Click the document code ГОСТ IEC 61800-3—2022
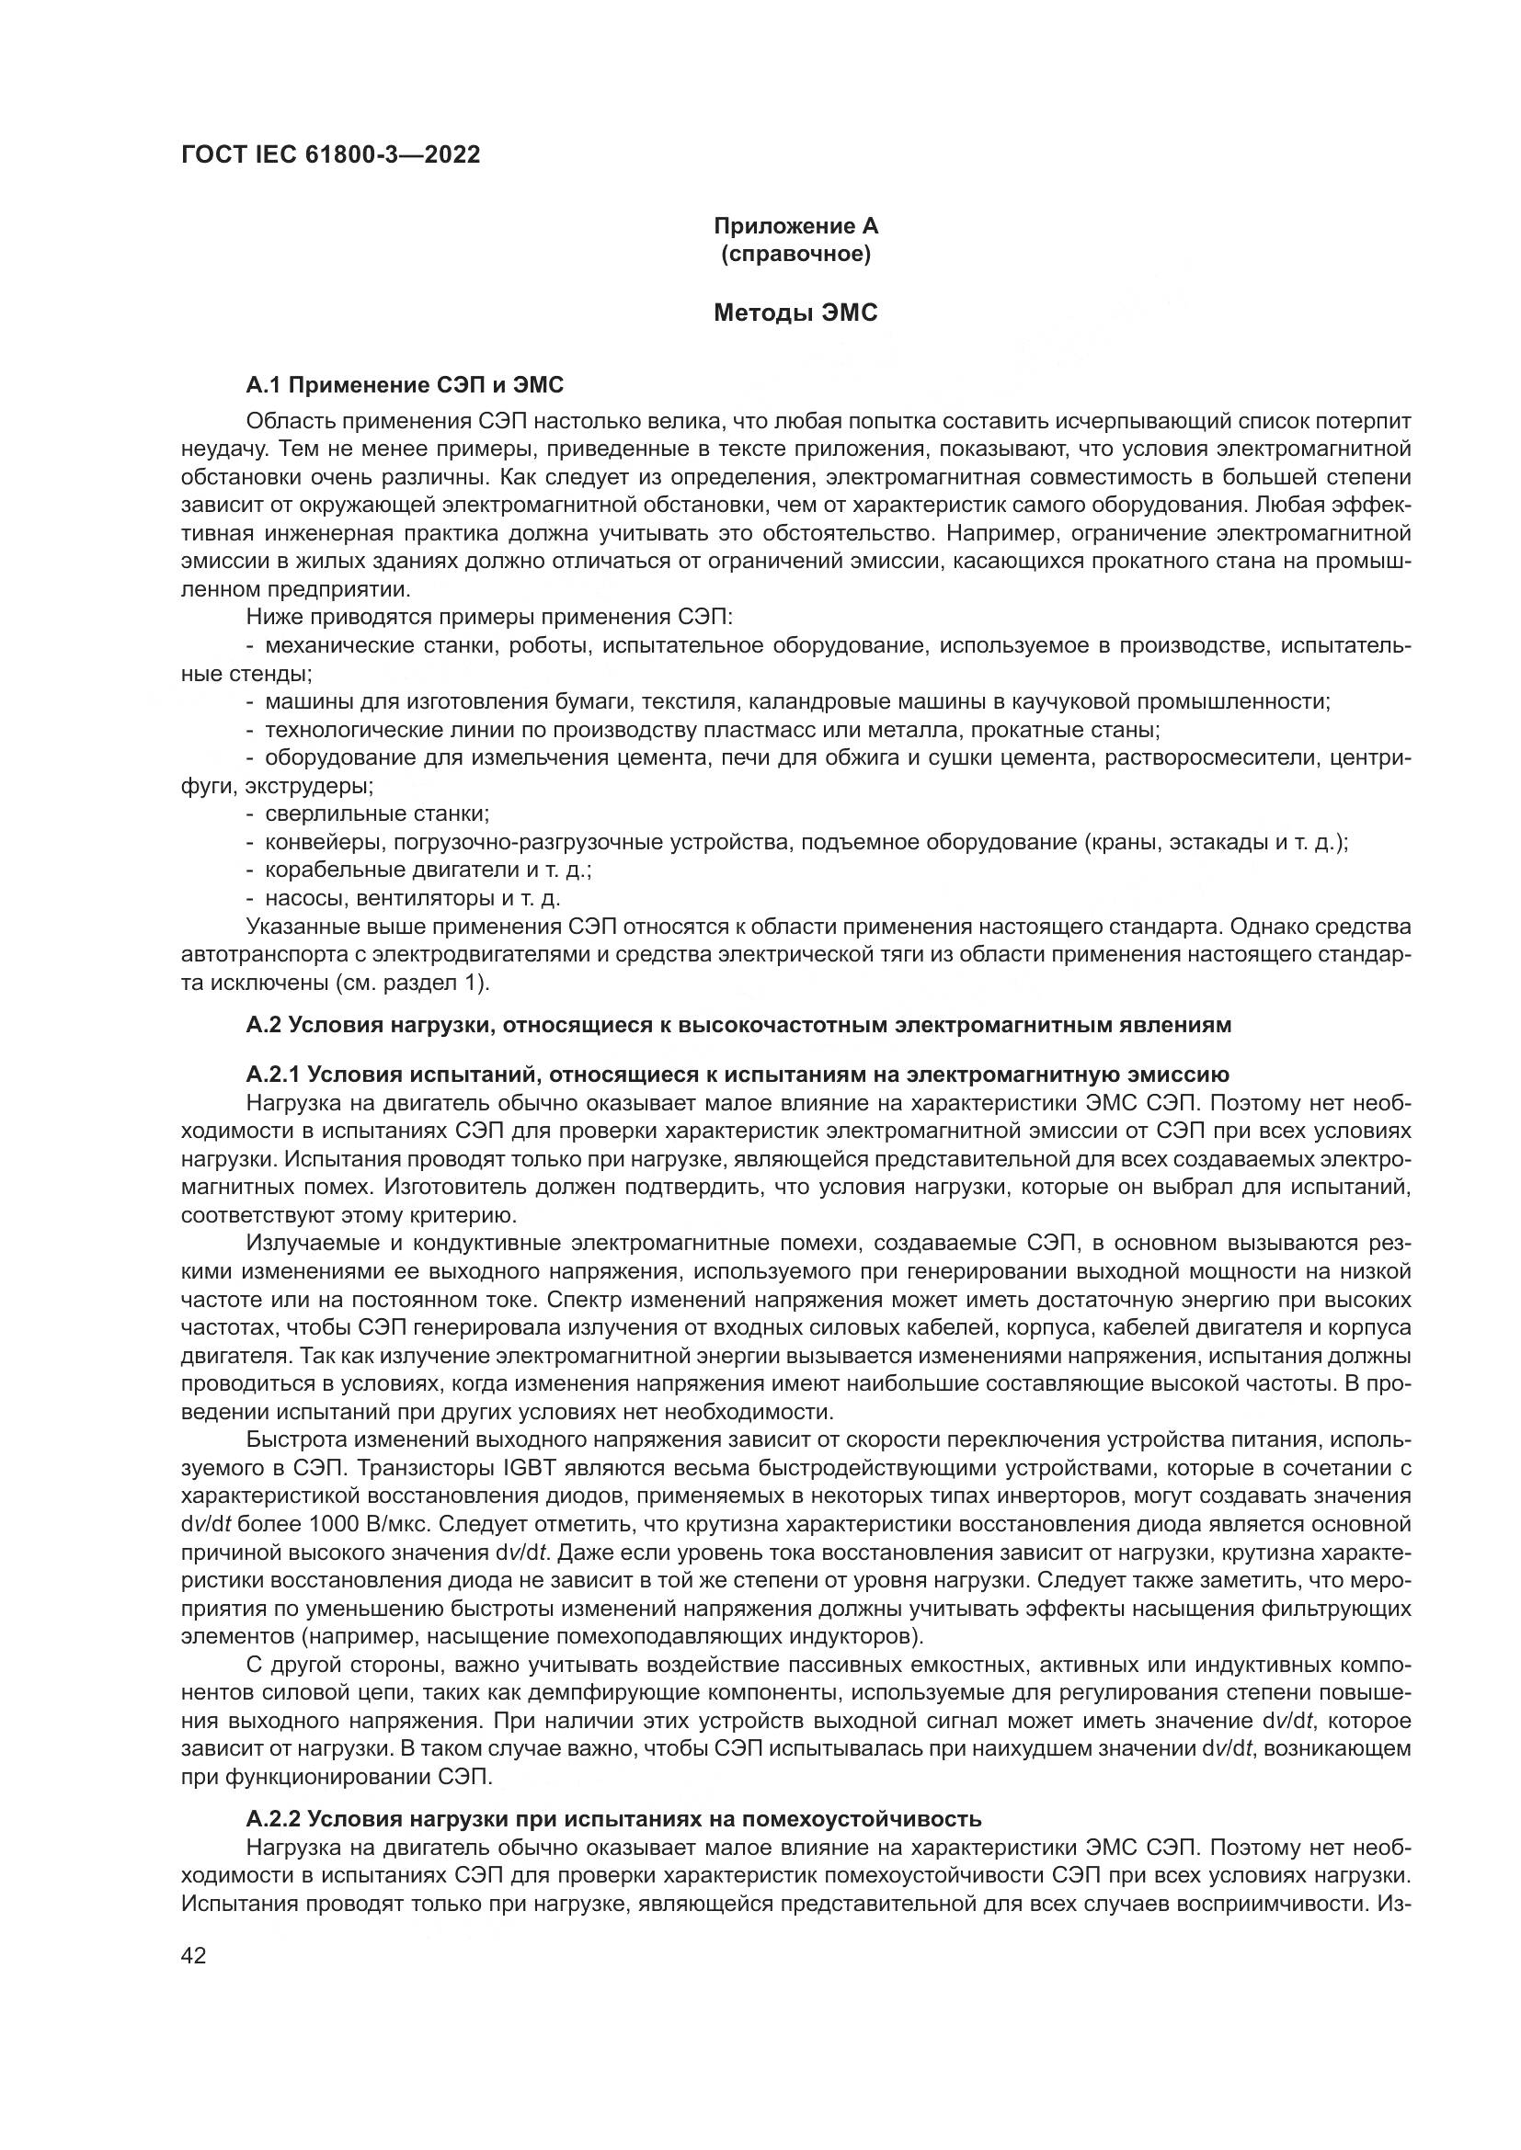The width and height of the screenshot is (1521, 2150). (x=330, y=155)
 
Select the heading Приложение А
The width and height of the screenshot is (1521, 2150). (x=795, y=226)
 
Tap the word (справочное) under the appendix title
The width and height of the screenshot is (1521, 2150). (x=795, y=254)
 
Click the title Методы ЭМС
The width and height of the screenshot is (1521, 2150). (x=795, y=313)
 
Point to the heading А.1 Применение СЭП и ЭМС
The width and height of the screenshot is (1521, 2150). (x=405, y=385)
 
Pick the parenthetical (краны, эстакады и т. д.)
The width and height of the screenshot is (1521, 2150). (x=1215, y=842)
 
